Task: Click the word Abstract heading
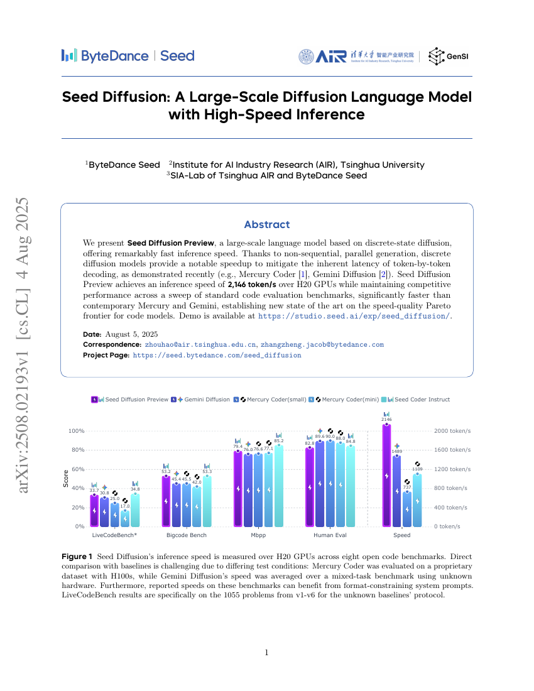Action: (x=267, y=224)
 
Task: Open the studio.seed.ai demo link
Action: (x=354, y=316)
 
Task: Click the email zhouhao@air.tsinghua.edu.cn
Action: (x=200, y=345)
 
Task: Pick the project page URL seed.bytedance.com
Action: (x=217, y=355)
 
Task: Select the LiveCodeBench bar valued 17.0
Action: (x=125, y=518)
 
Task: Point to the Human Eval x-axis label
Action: (x=330, y=535)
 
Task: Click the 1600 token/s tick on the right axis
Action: (x=452, y=450)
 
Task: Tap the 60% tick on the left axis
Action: (x=76, y=469)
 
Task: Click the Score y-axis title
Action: (x=65, y=478)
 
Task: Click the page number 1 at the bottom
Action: (x=267, y=653)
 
